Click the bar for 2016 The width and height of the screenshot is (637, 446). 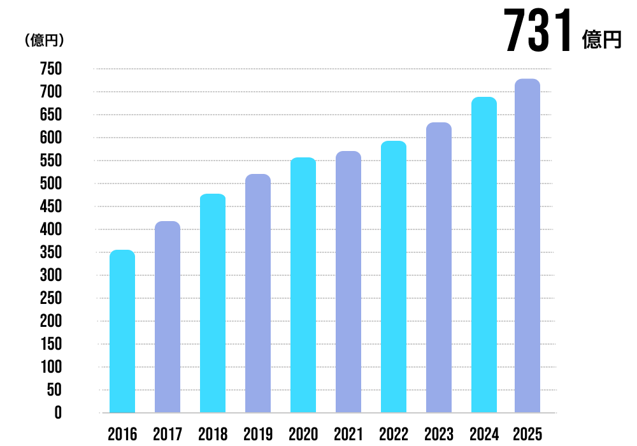click(122, 331)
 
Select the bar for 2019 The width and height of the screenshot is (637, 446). click(258, 293)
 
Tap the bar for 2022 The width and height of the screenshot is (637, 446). click(394, 277)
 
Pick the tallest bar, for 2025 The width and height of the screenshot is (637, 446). click(527, 246)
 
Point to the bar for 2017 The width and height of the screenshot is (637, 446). click(168, 317)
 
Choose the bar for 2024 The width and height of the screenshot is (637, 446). click(484, 255)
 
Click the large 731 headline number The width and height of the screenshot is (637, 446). click(539, 31)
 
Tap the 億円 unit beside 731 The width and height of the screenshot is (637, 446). click(601, 40)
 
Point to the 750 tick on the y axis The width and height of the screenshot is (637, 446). click(51, 69)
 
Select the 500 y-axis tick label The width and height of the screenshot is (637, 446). click(51, 183)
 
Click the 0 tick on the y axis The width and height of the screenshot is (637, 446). click(58, 413)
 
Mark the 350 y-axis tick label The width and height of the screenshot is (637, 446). click(51, 252)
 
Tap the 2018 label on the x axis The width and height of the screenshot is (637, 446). click(213, 435)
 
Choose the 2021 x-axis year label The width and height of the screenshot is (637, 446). click(348, 435)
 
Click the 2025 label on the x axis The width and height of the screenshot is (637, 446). click(527, 435)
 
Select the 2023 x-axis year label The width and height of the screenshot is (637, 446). click(439, 435)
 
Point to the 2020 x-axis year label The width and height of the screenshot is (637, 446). click(303, 435)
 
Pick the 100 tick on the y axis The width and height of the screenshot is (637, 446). click(51, 367)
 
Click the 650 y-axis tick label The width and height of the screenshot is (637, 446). click(51, 115)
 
